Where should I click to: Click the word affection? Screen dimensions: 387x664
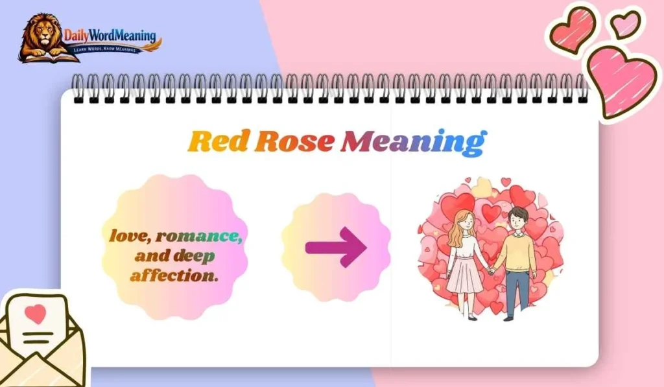(174, 276)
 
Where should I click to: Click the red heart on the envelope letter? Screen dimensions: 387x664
(36, 314)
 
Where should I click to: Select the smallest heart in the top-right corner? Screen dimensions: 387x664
(625, 24)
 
